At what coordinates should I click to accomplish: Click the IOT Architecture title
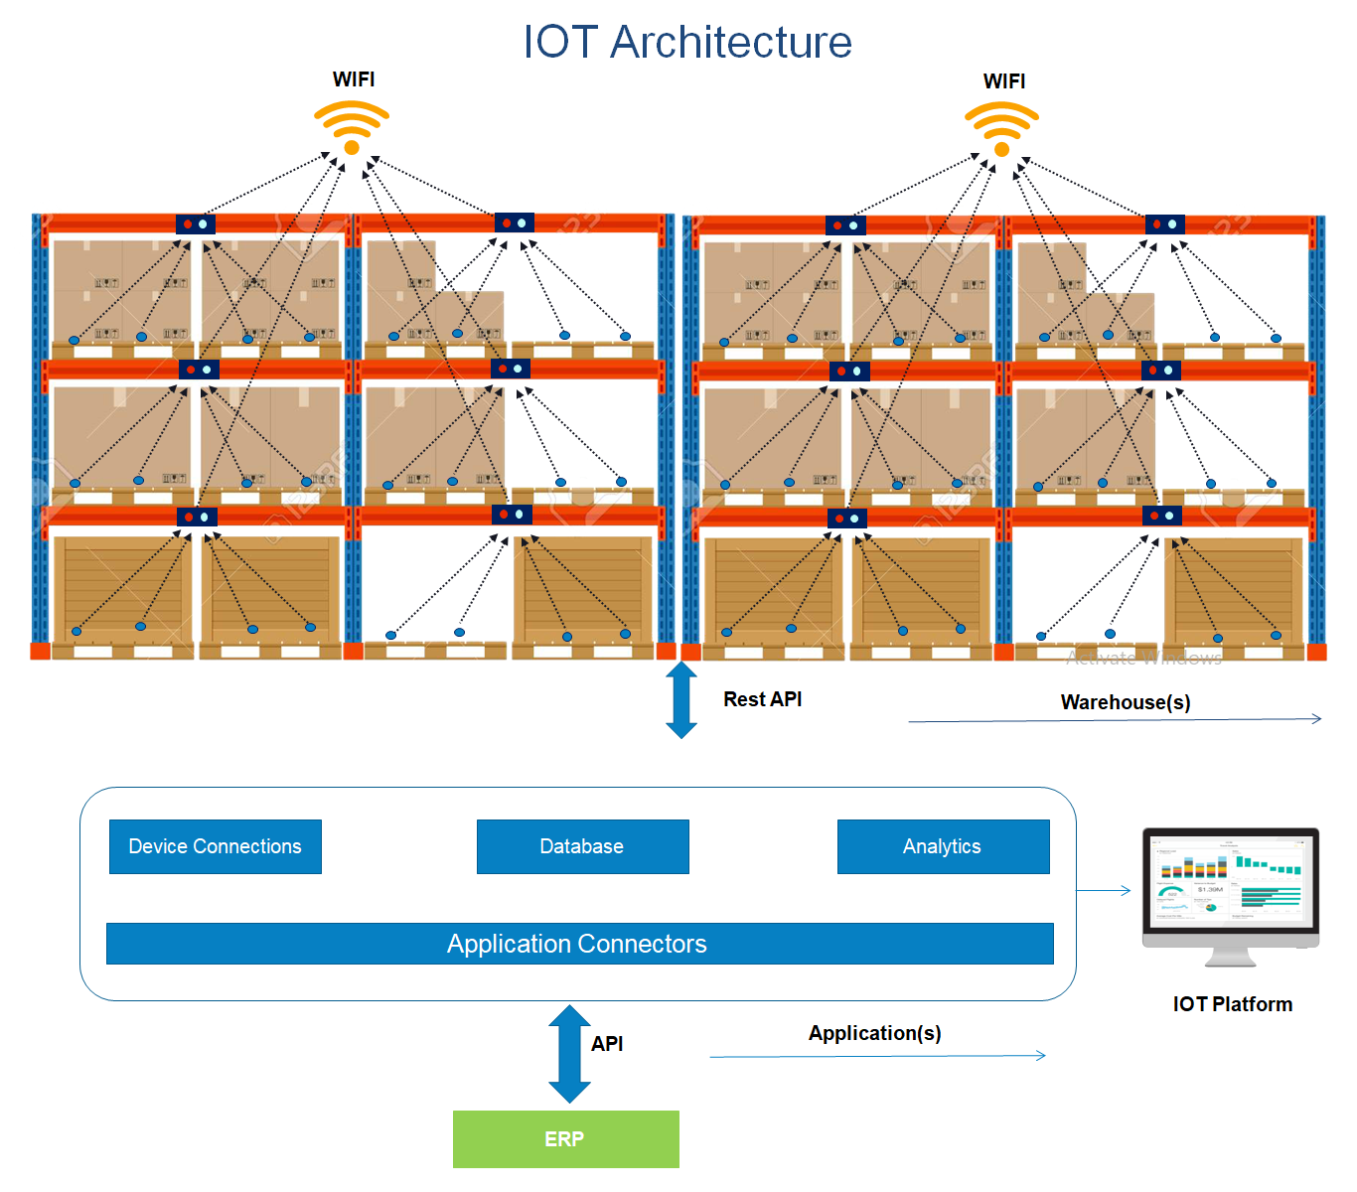click(687, 43)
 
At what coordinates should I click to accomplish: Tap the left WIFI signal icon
click(352, 128)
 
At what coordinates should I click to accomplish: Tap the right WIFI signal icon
click(1001, 130)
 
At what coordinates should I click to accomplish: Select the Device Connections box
click(216, 846)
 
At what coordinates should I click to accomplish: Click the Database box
click(582, 846)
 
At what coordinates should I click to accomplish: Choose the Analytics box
click(943, 846)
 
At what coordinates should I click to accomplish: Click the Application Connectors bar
click(579, 944)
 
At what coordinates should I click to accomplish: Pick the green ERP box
click(565, 1138)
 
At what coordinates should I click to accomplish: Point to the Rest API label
click(762, 699)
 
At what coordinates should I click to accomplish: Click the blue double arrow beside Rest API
click(681, 700)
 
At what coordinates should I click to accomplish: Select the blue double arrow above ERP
click(569, 1054)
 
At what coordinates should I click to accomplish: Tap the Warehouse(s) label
click(1126, 702)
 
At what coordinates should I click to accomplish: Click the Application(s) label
click(874, 1033)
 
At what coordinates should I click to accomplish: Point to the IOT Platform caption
click(1232, 1004)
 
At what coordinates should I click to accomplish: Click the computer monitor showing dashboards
click(1231, 890)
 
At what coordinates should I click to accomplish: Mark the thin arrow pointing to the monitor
click(1104, 890)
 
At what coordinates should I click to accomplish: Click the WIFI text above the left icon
click(354, 79)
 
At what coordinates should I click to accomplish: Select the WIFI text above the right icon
click(1003, 81)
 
